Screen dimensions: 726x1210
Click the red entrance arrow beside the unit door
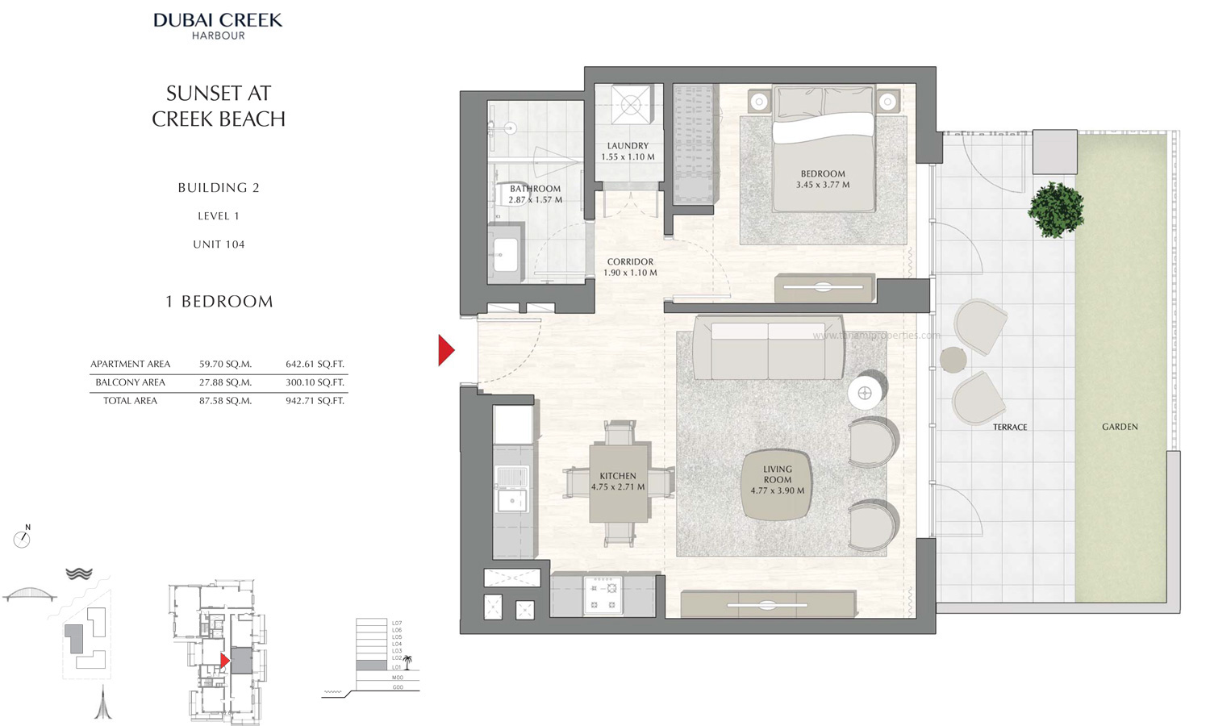[445, 350]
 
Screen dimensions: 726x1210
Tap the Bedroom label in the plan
[823, 173]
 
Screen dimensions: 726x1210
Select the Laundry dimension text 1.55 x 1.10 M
[628, 156]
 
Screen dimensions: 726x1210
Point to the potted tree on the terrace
[1054, 209]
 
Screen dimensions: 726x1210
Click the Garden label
[1120, 427]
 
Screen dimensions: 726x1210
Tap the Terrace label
[1010, 427]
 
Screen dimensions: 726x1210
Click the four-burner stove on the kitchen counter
[603, 595]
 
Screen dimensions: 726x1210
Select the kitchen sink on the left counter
[511, 500]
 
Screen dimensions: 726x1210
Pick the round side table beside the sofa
[865, 394]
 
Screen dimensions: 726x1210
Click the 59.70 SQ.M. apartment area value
[225, 364]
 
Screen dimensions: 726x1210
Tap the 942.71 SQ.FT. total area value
[315, 400]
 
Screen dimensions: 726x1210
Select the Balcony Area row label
[130, 382]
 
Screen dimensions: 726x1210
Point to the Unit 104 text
[219, 244]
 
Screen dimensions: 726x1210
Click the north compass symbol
[23, 539]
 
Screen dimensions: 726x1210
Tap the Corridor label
[630, 261]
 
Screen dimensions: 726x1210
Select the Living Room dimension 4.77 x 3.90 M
[777, 490]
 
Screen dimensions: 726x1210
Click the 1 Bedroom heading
[219, 302]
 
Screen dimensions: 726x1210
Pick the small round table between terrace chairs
[953, 360]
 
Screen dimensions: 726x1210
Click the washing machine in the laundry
[628, 104]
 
